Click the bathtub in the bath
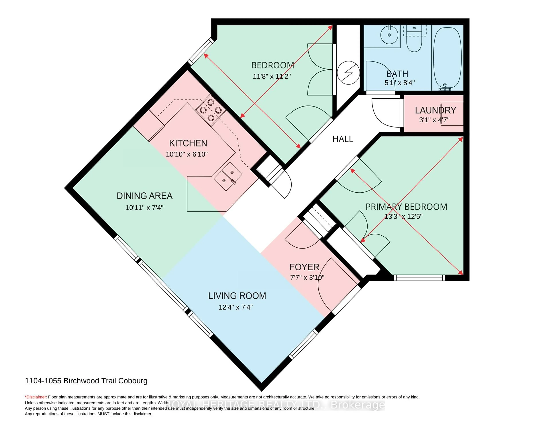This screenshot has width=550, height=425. pos(447,57)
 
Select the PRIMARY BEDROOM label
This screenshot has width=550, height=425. pos(406,207)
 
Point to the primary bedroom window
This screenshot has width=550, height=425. pos(419,278)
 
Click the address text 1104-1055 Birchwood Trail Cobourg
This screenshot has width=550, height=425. pos(86,381)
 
